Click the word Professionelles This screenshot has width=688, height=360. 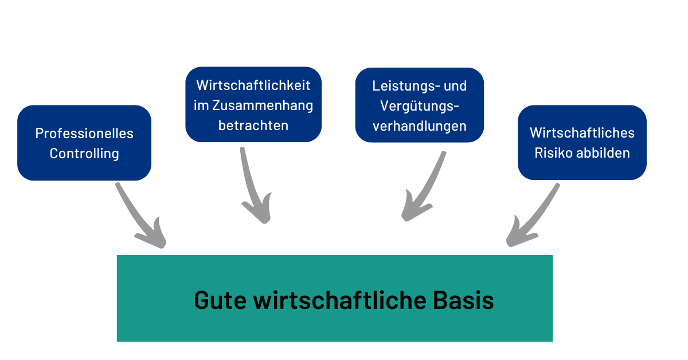[x=84, y=134]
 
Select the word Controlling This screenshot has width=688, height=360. [x=84, y=154]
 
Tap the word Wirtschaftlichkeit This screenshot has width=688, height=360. [x=253, y=85]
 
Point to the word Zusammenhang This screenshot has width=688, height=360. [x=263, y=105]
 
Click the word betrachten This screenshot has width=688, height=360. [x=253, y=126]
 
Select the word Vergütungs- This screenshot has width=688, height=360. [x=420, y=106]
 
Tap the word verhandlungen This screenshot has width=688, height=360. [x=420, y=126]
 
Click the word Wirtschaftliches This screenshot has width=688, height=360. [x=582, y=133]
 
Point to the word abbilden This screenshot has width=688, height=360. [x=603, y=153]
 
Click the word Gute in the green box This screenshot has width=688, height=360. [x=220, y=300]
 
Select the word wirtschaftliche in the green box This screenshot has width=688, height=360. [x=339, y=300]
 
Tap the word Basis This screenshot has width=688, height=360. [x=463, y=300]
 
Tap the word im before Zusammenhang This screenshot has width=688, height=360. [x=201, y=105]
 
